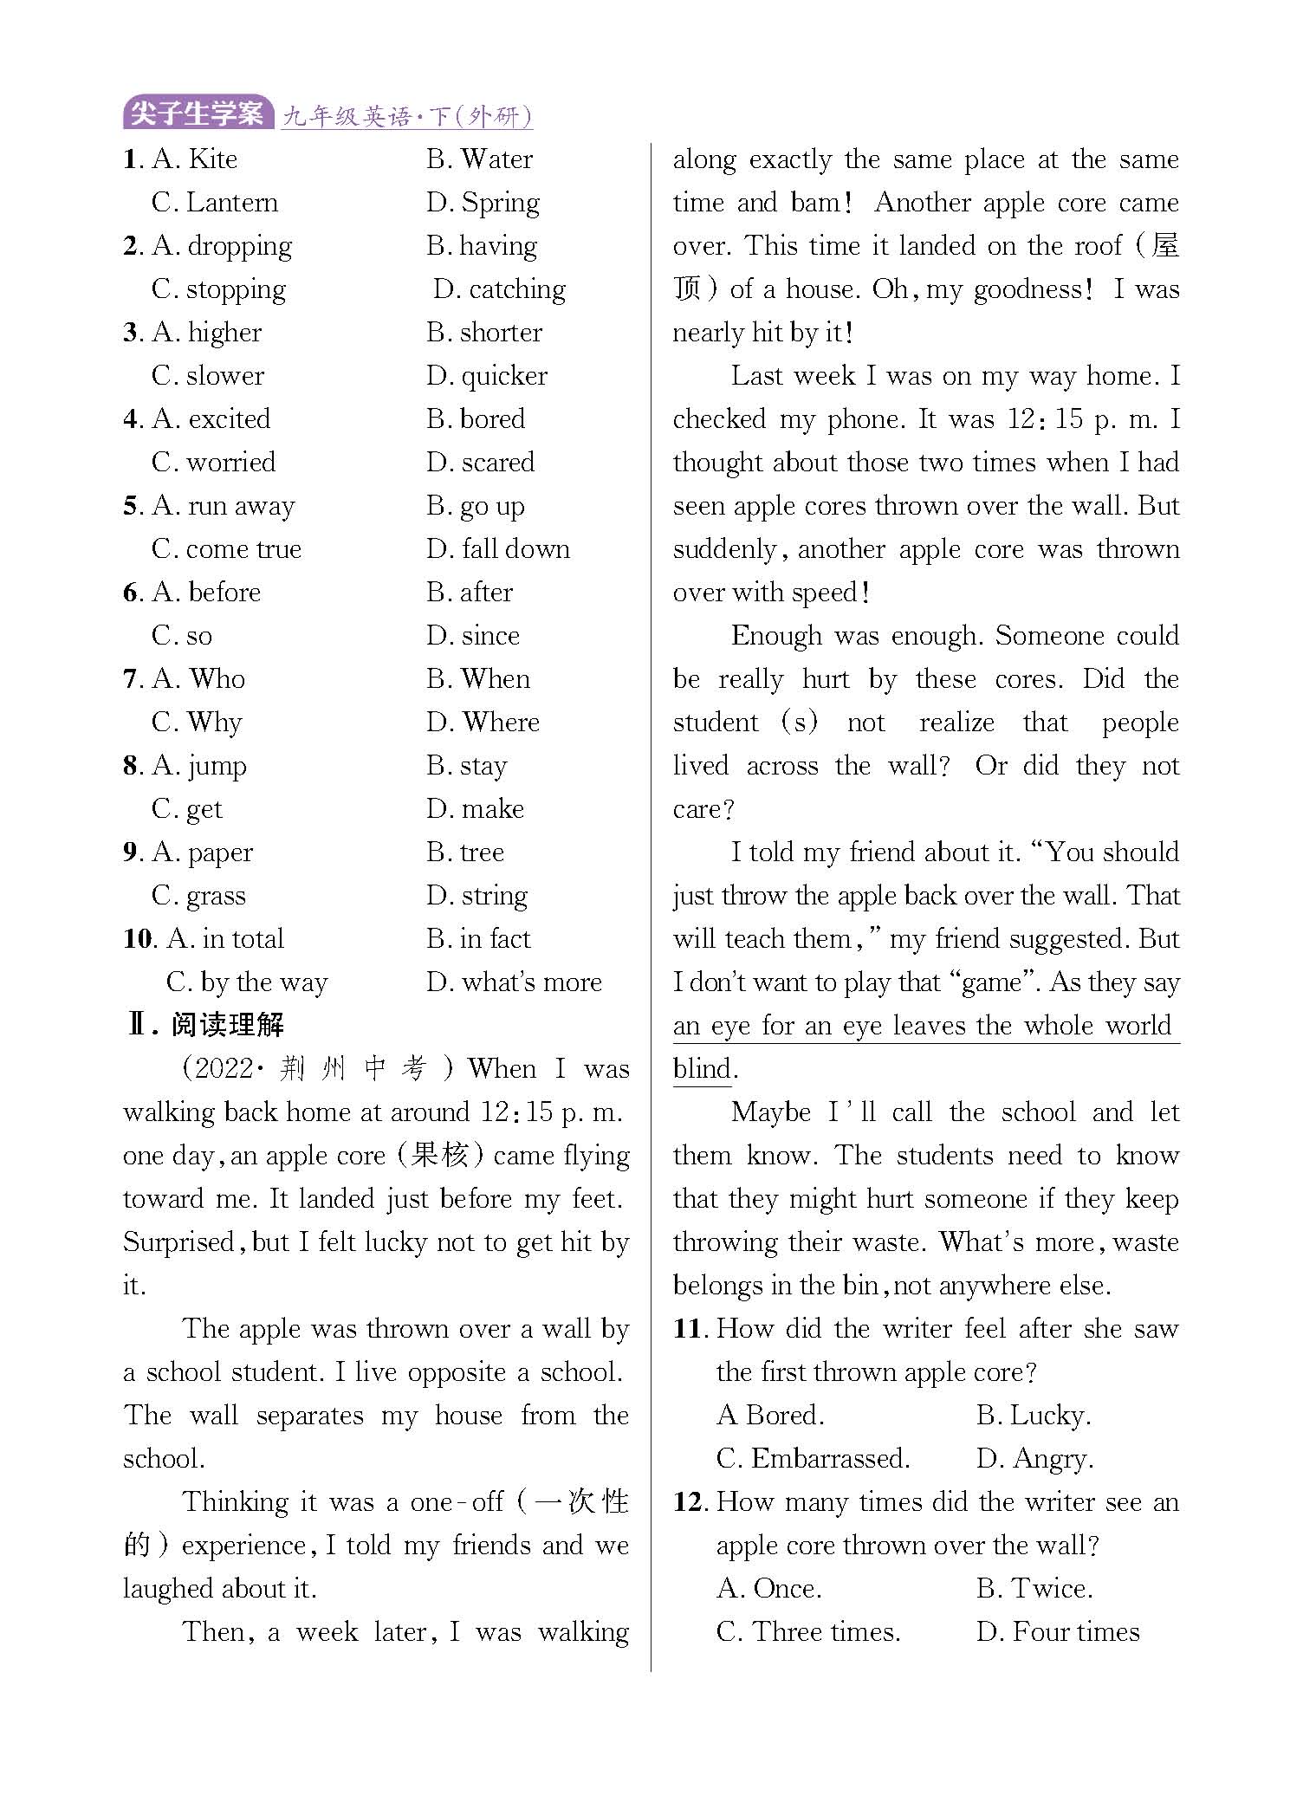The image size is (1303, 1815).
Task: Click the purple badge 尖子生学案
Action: click(x=198, y=113)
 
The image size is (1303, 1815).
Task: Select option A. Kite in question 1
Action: click(x=195, y=159)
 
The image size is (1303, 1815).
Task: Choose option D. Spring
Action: click(x=483, y=203)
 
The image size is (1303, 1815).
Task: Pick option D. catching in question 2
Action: click(x=499, y=289)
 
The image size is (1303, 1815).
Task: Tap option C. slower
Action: click(x=208, y=376)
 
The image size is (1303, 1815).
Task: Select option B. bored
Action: click(x=476, y=419)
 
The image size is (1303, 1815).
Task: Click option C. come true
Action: click(x=226, y=549)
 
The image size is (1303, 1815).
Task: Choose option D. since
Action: click(x=473, y=636)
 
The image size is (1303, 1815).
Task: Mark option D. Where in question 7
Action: click(x=483, y=723)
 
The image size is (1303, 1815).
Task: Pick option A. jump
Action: click(x=199, y=766)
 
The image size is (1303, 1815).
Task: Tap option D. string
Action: click(x=476, y=896)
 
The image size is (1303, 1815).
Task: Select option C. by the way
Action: click(x=247, y=982)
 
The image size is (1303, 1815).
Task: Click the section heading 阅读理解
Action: click(x=227, y=1025)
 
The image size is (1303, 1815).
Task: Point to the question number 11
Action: click(x=691, y=1329)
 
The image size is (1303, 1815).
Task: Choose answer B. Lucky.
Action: click(x=1033, y=1416)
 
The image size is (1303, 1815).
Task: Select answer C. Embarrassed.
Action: click(x=813, y=1459)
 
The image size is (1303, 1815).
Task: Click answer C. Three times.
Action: click(x=808, y=1632)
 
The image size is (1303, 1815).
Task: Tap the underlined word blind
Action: click(x=702, y=1069)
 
